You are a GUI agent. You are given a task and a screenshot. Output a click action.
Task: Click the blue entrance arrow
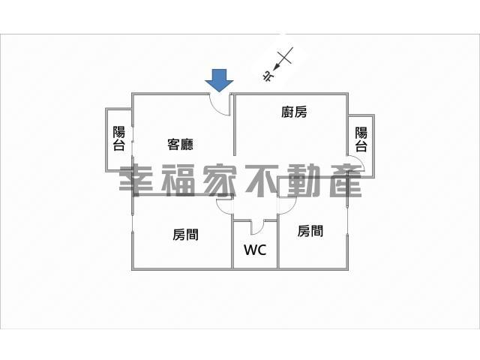point(219,80)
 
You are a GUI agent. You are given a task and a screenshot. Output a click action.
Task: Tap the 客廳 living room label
point(180,145)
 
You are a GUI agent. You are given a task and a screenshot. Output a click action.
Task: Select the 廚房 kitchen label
point(294,112)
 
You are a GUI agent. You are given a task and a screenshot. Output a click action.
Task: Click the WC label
point(255,250)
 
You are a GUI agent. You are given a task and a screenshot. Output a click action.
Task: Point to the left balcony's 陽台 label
point(119,138)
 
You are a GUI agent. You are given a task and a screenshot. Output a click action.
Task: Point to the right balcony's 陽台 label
point(361,139)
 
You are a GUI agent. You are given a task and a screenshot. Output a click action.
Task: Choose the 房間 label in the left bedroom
point(185,235)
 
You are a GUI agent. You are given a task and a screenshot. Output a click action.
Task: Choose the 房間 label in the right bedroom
point(310,231)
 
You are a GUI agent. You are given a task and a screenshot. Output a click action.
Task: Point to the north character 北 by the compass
point(268,76)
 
